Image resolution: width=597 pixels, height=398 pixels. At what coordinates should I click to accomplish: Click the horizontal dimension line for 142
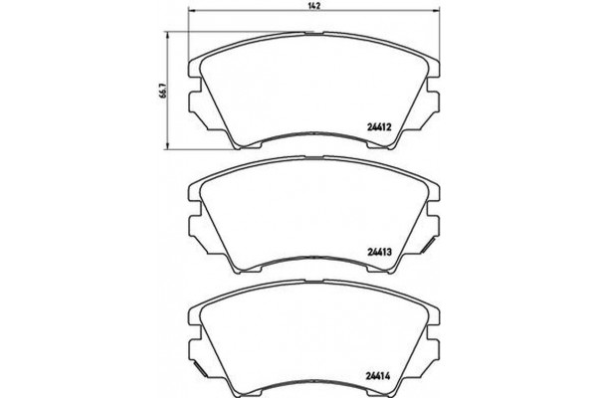tap(249, 17)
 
